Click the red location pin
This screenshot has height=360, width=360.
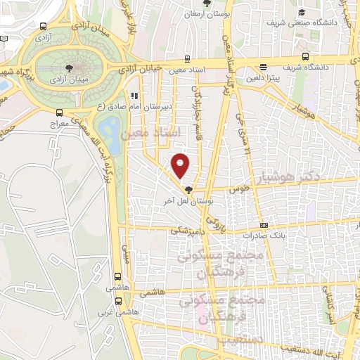click(181, 165)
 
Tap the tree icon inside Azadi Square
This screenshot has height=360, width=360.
click(70, 67)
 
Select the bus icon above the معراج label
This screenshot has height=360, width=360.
click(60, 112)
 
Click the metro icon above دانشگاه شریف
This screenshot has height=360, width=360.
click(304, 57)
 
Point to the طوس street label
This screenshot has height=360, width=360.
click(240, 189)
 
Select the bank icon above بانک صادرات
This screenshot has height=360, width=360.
click(264, 225)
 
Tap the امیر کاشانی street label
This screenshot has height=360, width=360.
click(329, 304)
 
